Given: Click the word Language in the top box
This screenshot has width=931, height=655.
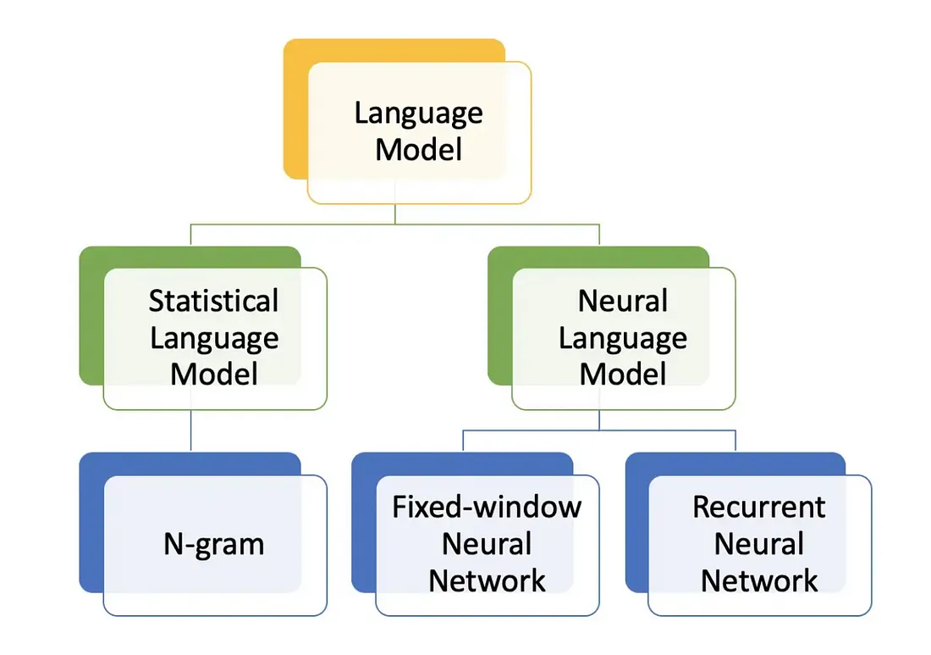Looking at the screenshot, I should point(418,114).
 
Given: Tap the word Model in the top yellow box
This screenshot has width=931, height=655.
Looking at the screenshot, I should point(418,150).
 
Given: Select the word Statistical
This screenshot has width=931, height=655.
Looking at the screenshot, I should point(213,301).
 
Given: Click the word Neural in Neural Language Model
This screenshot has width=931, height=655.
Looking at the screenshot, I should point(622,301).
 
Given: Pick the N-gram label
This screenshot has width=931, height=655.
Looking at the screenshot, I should point(213,544).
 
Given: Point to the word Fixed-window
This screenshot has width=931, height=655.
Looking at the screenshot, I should point(487,507).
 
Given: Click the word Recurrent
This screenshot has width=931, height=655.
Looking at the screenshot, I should point(758,507).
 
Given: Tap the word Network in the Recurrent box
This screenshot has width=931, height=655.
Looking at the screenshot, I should point(758,581).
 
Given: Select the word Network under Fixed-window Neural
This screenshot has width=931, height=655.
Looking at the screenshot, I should point(487,581).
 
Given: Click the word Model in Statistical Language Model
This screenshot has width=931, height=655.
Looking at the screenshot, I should point(213,374).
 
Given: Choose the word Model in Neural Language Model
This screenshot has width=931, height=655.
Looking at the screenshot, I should point(622,374).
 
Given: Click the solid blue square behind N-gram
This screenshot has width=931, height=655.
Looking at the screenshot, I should point(91,525).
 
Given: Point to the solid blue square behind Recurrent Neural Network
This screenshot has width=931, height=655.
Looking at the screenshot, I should point(636,525).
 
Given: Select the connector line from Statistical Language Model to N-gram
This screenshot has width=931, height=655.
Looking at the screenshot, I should point(191,430).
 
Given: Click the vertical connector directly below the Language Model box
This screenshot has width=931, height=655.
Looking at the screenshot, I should point(395,214).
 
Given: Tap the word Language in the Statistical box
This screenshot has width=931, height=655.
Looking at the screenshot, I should point(213,337).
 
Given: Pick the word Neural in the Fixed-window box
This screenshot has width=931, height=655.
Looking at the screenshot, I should point(487,544).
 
